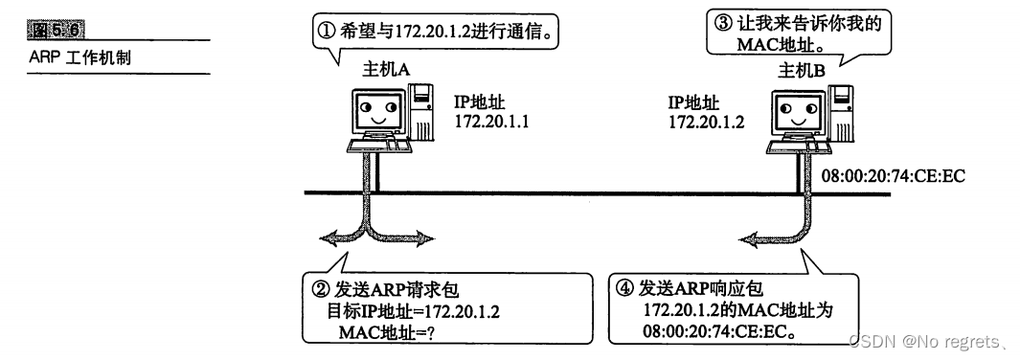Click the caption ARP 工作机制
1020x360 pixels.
(79, 57)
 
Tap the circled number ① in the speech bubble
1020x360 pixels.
(325, 30)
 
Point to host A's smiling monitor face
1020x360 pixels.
(376, 111)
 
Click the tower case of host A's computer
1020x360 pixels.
(421, 112)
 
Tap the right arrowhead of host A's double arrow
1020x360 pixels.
(429, 235)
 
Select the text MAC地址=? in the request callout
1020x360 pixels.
(377, 331)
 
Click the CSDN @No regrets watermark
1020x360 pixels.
(923, 340)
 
